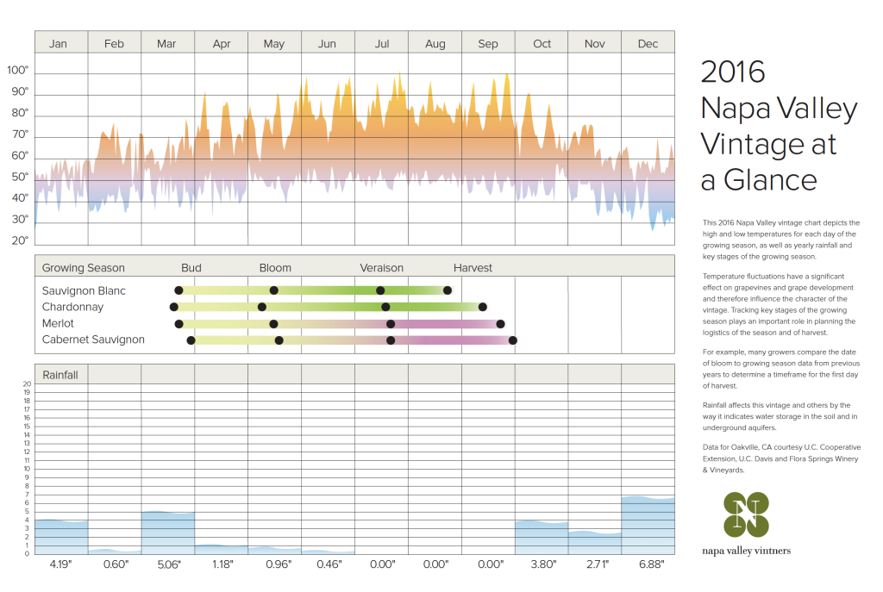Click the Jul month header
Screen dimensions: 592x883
click(x=382, y=44)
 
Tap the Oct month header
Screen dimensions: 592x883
click(x=542, y=44)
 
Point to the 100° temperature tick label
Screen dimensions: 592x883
click(x=18, y=70)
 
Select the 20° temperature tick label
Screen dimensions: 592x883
click(x=19, y=240)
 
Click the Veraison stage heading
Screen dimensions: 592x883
click(x=382, y=268)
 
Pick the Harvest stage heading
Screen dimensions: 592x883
click(x=473, y=268)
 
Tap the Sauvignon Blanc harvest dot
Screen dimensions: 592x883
click(x=448, y=290)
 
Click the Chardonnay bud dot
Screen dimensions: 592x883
click(x=174, y=307)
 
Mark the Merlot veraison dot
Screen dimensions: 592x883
click(x=391, y=324)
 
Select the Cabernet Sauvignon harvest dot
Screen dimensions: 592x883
click(x=513, y=340)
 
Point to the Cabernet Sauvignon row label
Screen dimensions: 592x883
click(x=93, y=340)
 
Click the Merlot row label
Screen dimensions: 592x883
click(x=58, y=323)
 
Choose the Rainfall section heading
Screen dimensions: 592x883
click(x=59, y=375)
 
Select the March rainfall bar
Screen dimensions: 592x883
click(x=167, y=533)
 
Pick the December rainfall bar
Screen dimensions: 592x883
click(x=648, y=526)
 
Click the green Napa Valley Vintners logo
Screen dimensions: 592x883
click(x=746, y=514)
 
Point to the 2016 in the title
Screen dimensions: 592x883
click(x=733, y=72)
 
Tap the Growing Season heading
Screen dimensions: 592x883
click(x=83, y=268)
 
